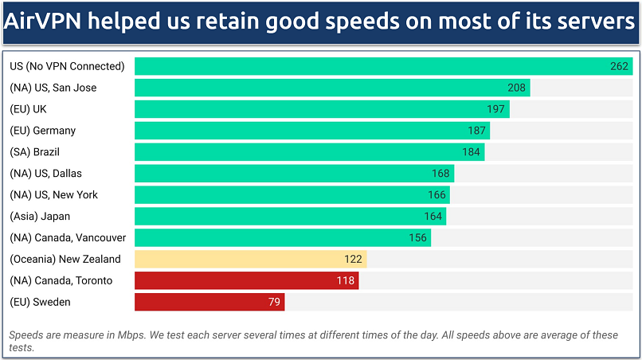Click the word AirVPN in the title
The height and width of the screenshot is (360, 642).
[47, 22]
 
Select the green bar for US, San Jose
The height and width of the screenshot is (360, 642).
[319, 88]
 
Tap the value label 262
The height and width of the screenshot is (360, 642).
[620, 66]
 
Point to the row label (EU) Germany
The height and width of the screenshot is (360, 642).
[42, 131]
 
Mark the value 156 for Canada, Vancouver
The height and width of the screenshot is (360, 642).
[417, 237]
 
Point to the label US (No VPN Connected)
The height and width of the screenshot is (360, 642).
[67, 66]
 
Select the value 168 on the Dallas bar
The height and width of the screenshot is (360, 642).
[440, 174]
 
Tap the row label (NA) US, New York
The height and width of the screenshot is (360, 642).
[53, 194]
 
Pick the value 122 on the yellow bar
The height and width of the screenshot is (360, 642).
[353, 259]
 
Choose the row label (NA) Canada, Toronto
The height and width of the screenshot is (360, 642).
[61, 280]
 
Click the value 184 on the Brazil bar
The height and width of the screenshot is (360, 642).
[472, 152]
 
